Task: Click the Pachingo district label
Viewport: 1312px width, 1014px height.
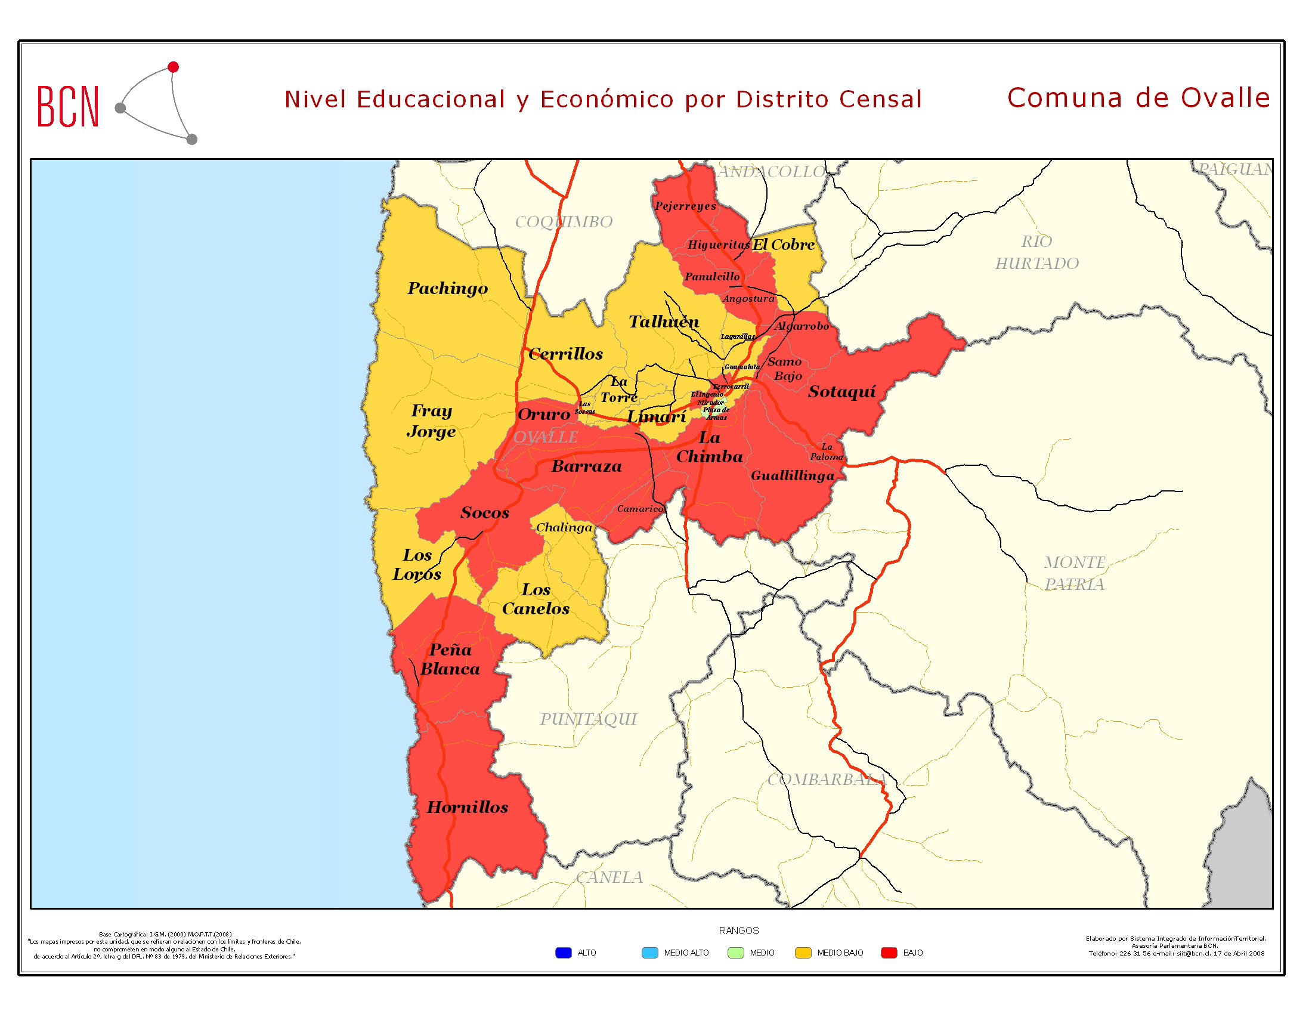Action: point(447,289)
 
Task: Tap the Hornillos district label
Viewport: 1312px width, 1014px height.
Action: point(468,808)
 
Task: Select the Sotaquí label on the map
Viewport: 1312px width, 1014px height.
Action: point(841,392)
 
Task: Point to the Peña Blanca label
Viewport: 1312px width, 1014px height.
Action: point(450,660)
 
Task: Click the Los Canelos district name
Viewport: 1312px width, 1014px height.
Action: point(536,599)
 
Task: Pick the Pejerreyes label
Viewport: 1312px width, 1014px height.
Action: point(685,206)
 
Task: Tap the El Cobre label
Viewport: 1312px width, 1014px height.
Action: point(784,245)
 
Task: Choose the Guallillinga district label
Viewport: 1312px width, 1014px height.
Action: point(793,476)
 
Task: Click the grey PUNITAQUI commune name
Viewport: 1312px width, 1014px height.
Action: point(588,719)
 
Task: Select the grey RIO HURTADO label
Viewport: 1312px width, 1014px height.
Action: point(1037,252)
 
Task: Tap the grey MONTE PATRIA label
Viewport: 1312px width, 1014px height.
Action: point(1075,573)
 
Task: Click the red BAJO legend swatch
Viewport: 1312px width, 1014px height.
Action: point(889,953)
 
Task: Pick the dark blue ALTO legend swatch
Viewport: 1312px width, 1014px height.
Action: point(563,953)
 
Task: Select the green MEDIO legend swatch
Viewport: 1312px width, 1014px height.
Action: point(736,953)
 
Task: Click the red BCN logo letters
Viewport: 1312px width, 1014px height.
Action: point(68,107)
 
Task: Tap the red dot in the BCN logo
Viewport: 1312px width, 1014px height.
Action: point(173,67)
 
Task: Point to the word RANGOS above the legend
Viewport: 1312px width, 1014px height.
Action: point(738,930)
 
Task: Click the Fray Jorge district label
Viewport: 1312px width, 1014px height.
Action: point(431,421)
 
